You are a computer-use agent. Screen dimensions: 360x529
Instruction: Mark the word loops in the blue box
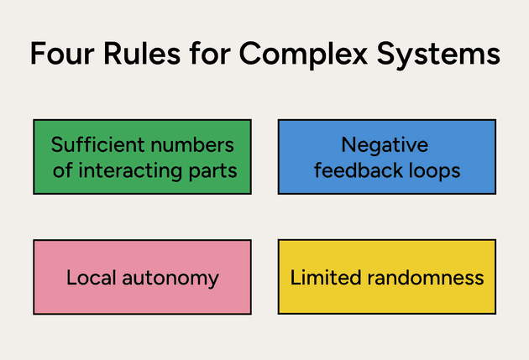432,171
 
